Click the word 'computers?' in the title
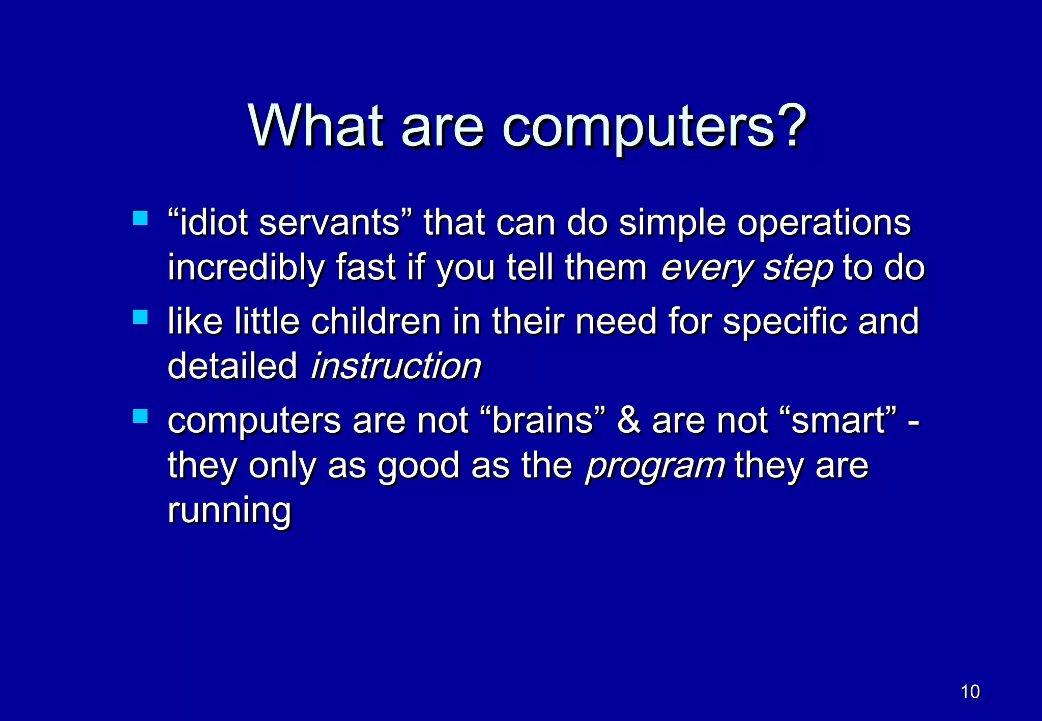pyautogui.click(x=654, y=127)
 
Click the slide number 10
pyautogui.click(x=970, y=692)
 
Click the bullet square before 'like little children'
pyautogui.click(x=140, y=317)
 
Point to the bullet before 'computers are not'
pyautogui.click(x=140, y=416)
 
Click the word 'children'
pyautogui.click(x=377, y=321)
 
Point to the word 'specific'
pyautogui.click(x=784, y=321)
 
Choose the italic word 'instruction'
pyautogui.click(x=396, y=366)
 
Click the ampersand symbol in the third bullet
pyautogui.click(x=629, y=421)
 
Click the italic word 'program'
pyautogui.click(x=655, y=466)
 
